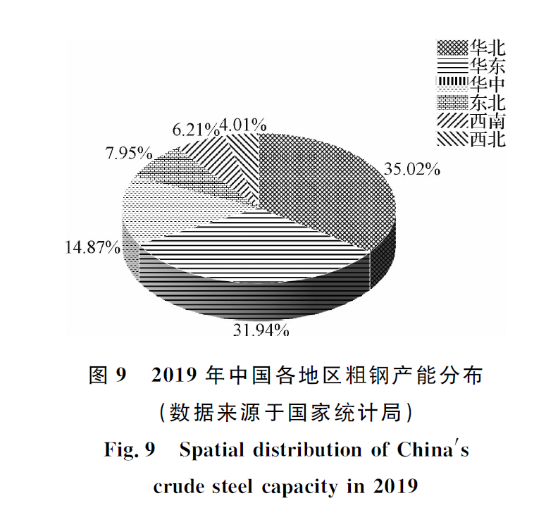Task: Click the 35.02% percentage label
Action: click(412, 169)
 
